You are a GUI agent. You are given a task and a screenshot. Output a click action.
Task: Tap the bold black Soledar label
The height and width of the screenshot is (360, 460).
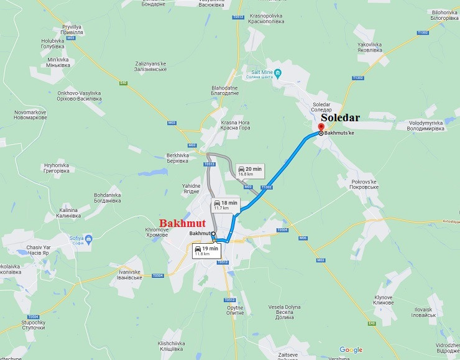pos(340,117)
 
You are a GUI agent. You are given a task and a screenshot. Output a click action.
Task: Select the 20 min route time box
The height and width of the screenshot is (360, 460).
pos(249,171)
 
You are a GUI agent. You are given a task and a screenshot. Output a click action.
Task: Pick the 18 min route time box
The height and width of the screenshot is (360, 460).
pos(225,205)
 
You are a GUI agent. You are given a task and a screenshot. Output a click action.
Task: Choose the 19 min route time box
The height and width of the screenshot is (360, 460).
pos(206,251)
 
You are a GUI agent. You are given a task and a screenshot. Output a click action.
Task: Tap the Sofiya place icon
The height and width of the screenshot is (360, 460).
pos(90,238)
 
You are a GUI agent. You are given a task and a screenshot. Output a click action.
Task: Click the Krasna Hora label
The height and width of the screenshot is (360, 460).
pos(236,125)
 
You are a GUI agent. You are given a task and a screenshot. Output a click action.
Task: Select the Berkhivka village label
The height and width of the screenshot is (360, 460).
pos(177,158)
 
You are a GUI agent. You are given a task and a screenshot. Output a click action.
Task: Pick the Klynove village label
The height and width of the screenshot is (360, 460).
pos(383,300)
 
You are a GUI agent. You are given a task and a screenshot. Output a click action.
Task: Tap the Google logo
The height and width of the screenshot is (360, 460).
pos(351,350)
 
